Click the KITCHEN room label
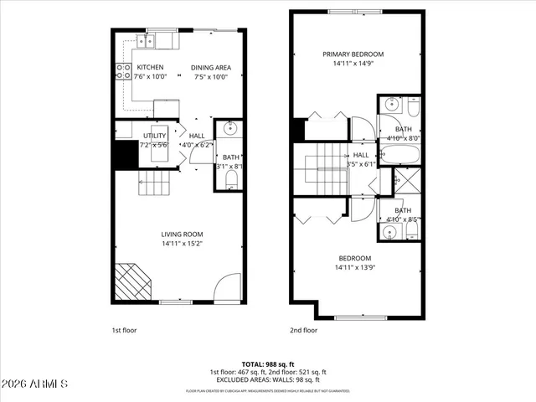point(150,68)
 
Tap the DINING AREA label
point(210,68)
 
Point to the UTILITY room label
point(155,136)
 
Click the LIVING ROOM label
point(182,234)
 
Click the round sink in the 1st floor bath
point(231,129)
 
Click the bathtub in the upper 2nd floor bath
point(403,154)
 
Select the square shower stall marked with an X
point(408,179)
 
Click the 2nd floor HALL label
point(360,155)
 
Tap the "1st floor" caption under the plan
point(123,330)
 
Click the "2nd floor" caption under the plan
point(303,330)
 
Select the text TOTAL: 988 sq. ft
point(268,363)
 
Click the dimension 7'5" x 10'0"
point(210,77)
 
